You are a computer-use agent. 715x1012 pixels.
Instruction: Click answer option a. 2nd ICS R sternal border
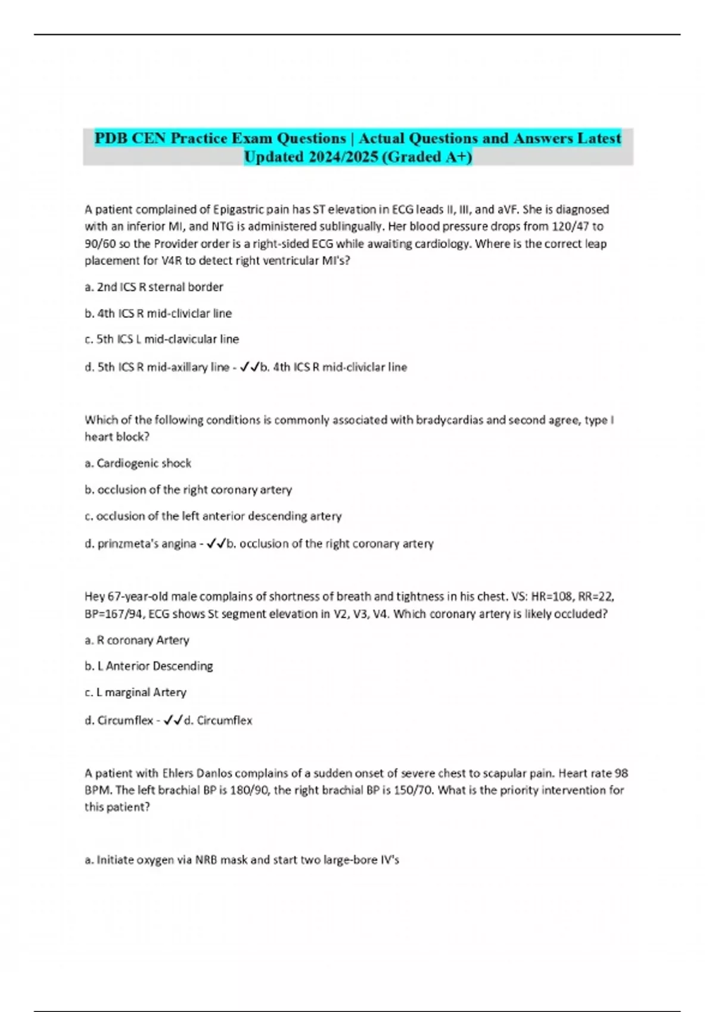154,287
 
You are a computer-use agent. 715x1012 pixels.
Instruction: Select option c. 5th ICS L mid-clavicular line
161,339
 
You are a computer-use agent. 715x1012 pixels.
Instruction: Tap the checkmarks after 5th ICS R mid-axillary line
250,367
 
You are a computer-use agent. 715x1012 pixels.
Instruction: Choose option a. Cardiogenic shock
138,463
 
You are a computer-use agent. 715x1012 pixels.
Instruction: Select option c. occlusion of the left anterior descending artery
213,516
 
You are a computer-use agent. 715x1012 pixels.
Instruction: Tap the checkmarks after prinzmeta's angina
216,544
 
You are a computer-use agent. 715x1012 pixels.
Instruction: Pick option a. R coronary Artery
136,641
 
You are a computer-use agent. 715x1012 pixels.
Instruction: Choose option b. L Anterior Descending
148,666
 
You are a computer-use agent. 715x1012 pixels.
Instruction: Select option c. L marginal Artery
135,692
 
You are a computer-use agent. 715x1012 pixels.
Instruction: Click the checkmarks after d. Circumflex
173,720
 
